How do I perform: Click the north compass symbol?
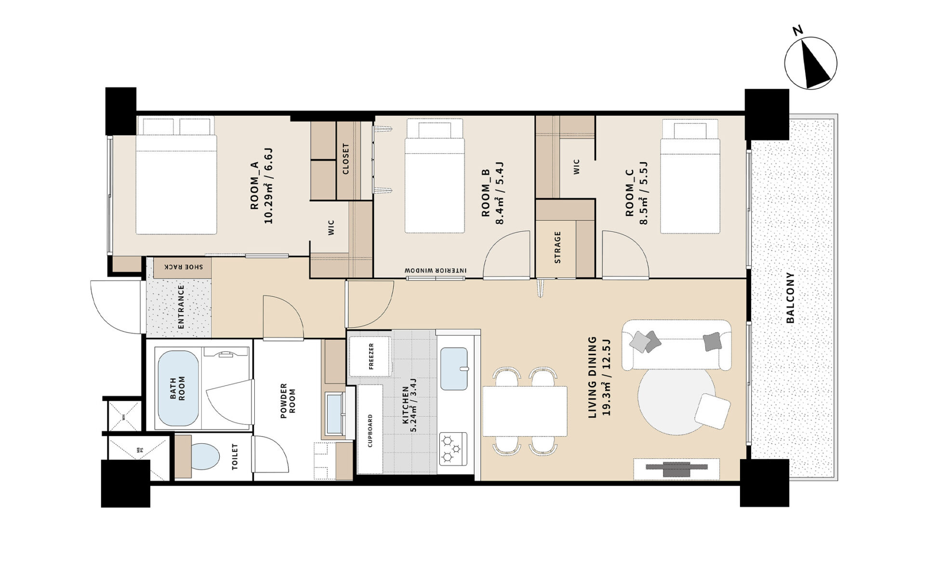tap(811, 63)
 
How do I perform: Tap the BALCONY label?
tap(790, 298)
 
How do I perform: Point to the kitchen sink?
tap(454, 369)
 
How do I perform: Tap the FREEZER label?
tap(371, 356)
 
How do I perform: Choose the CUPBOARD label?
tap(370, 431)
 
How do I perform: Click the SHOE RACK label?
tap(184, 267)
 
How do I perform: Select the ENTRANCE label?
tap(181, 307)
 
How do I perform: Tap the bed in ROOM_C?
tap(690, 176)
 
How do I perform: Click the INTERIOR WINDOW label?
tap(436, 271)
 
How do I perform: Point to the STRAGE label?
tap(557, 247)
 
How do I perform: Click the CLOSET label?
tap(345, 159)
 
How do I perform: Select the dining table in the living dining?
tap(525, 411)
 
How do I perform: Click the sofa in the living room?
tap(676, 345)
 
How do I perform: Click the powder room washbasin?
tap(334, 413)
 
